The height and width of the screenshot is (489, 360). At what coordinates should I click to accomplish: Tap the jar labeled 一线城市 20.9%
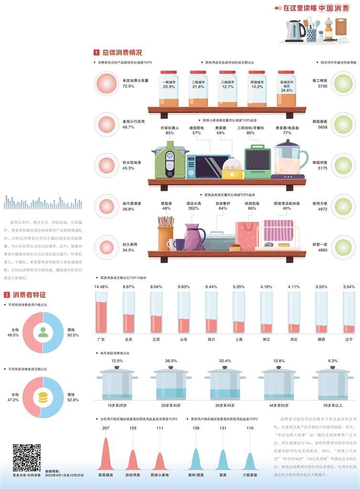pos(169,89)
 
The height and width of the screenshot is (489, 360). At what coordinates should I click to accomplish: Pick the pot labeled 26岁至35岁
pos(170,384)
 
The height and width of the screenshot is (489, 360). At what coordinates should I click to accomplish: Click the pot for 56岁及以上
pos(333,384)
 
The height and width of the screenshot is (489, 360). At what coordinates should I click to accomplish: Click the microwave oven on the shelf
pos(208,167)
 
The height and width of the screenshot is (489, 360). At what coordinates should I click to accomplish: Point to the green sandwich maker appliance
pos(257,161)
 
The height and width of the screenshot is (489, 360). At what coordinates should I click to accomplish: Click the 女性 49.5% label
pos(13,332)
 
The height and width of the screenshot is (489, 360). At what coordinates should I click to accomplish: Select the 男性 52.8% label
pos(73,397)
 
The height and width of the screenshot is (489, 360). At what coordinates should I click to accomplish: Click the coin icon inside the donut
pos(43,397)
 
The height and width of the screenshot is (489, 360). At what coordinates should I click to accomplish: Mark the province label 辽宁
pos(349,340)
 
